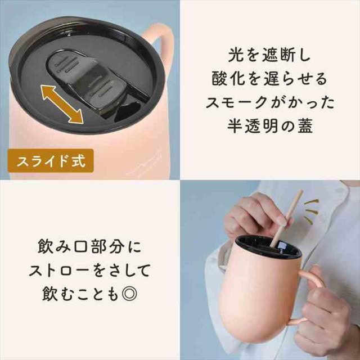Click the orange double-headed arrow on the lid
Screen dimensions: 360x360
click(62, 105)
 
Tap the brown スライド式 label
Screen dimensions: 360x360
click(51, 161)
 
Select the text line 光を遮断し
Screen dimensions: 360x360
click(269, 55)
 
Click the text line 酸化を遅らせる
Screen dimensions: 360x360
click(269, 79)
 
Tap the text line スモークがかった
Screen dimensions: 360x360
click(269, 102)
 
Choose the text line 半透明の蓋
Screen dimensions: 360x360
click(269, 126)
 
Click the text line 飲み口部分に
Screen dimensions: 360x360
click(89, 247)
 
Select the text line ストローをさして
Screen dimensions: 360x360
click(89, 271)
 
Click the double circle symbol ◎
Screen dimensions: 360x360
click(129, 294)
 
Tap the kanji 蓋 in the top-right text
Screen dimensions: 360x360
click(305, 126)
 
